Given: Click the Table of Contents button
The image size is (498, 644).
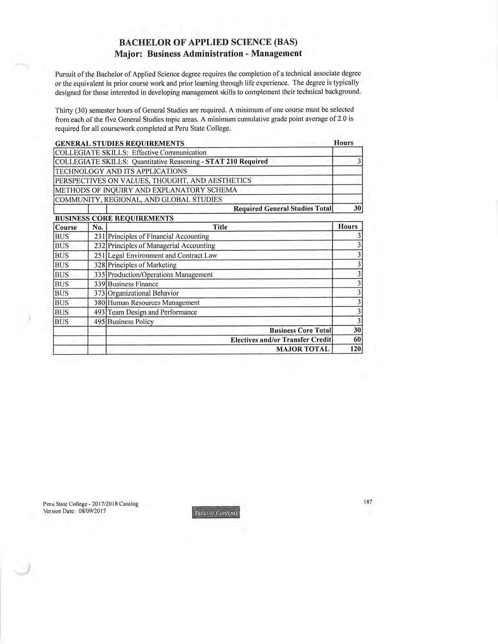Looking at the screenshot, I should tap(215, 512).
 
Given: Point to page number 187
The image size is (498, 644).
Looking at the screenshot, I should tap(368, 502).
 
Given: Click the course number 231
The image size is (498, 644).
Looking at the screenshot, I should tap(100, 237).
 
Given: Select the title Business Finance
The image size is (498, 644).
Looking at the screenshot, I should tap(133, 284).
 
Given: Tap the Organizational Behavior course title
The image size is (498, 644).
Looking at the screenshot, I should tap(143, 294).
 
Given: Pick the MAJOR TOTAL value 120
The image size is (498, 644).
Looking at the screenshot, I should tap(355, 349).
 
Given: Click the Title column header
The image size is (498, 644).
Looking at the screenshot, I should tap(220, 227).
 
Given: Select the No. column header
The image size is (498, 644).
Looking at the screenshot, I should tap(97, 227).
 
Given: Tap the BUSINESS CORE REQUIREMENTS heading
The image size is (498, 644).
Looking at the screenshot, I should tap(114, 218).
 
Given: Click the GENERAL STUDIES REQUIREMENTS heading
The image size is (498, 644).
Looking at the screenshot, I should tap(120, 143).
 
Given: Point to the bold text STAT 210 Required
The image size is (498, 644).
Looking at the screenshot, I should tap(236, 162).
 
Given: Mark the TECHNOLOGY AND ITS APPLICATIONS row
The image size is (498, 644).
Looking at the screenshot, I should tap(121, 171).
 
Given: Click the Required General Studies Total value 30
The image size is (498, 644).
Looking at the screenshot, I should tap(357, 208).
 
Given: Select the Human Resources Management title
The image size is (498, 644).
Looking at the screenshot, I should tap(154, 303).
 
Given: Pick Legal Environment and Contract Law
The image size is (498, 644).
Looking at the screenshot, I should tap(162, 256).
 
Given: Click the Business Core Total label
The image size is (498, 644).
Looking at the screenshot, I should tap(300, 331).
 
